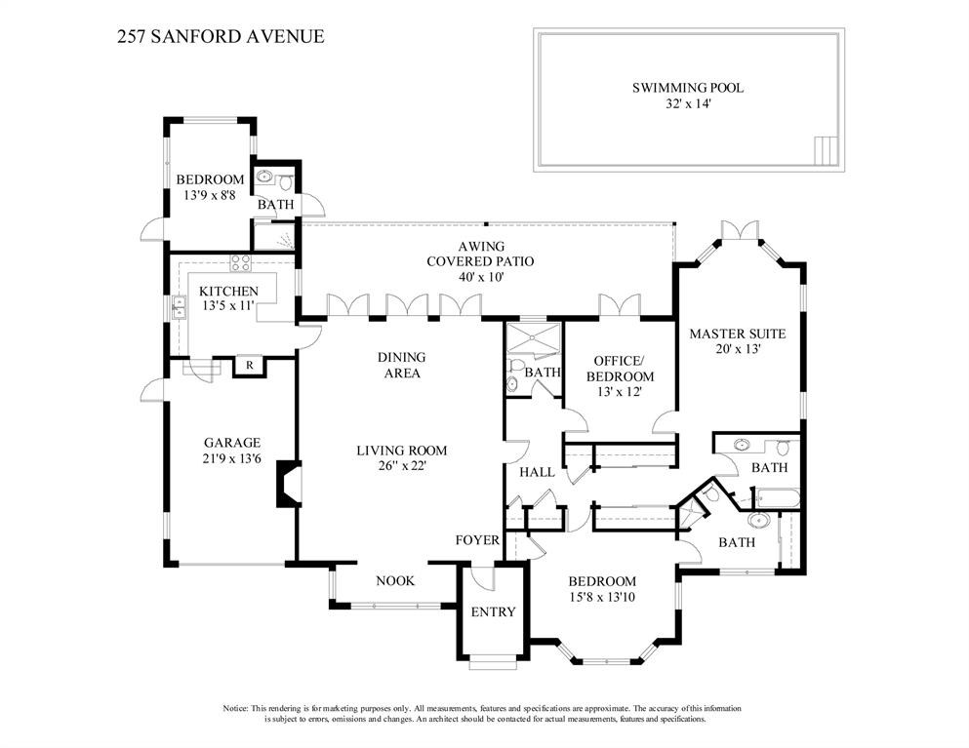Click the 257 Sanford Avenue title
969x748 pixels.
(221, 36)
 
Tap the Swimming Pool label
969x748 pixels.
(688, 88)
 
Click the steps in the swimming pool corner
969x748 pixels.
(827, 150)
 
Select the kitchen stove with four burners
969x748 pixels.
(240, 263)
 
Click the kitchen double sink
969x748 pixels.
(180, 307)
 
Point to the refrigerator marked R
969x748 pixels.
(249, 365)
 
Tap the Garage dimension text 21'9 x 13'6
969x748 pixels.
(232, 458)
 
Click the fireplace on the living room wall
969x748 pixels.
(289, 484)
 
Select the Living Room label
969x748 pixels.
(402, 451)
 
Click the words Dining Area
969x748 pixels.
(402, 365)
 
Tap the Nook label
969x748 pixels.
(395, 580)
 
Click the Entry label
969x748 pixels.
(493, 611)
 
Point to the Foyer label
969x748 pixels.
(477, 540)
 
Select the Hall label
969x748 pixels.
(537, 472)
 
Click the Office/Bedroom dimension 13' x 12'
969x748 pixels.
(620, 392)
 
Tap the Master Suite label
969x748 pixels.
(738, 334)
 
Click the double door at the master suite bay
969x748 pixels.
(740, 229)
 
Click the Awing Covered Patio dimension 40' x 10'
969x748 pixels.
(481, 277)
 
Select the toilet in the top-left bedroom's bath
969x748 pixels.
(286, 182)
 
